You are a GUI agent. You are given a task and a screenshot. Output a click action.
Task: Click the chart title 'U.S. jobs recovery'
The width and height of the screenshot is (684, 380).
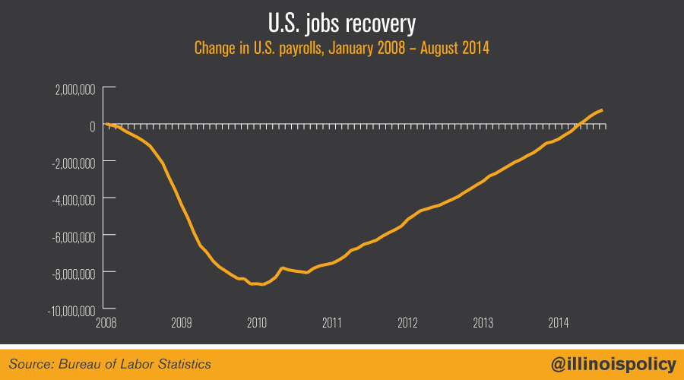tap(341, 24)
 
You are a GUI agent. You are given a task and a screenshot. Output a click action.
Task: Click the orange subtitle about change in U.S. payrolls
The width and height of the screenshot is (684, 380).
tap(342, 48)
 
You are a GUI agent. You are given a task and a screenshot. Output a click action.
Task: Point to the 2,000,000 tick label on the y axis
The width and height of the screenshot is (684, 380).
tap(74, 90)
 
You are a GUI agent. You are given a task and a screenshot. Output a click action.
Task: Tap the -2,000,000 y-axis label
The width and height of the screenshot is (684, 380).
tap(73, 163)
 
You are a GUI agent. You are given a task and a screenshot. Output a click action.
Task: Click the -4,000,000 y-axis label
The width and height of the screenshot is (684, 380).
tap(73, 199)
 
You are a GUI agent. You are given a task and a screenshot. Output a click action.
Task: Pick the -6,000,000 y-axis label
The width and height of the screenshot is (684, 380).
tap(73, 236)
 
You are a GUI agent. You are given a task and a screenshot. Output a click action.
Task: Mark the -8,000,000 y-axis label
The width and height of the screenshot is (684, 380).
tap(73, 273)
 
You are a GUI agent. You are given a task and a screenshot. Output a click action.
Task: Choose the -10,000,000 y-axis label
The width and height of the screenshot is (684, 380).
tap(71, 310)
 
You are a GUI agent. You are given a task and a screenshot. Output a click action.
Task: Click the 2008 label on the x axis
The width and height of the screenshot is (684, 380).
tap(106, 322)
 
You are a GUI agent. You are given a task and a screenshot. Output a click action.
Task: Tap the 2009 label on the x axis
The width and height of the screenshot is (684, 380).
tap(181, 322)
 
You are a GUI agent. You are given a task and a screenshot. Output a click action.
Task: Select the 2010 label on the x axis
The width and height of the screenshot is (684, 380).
tap(257, 322)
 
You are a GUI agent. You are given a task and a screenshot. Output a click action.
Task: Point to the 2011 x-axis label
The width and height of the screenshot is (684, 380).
tap(332, 322)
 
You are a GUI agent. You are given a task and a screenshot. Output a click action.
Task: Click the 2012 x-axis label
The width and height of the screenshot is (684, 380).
tap(408, 322)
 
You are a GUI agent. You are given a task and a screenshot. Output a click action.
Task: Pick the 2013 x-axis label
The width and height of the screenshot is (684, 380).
tap(483, 322)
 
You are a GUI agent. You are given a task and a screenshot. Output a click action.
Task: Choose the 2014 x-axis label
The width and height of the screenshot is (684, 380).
tap(559, 322)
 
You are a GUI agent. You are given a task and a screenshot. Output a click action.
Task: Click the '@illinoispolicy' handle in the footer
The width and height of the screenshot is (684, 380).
tap(613, 364)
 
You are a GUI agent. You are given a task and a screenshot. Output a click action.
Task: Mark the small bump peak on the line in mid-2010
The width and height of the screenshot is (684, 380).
tap(283, 268)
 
